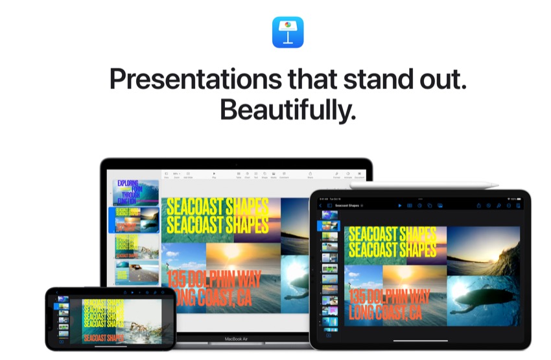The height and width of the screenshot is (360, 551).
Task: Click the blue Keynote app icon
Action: tap(288, 32)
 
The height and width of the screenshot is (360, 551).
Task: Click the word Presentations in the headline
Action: tap(188, 79)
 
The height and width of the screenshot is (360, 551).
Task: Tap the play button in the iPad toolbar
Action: tap(400, 206)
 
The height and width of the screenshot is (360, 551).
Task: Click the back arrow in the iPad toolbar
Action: tap(320, 206)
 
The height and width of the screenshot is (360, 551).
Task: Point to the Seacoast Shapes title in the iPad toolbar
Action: tap(348, 206)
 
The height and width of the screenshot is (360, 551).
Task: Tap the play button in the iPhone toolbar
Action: tap(132, 293)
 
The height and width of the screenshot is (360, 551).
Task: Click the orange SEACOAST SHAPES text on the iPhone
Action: tap(104, 337)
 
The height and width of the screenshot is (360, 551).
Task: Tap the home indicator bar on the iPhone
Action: tap(110, 346)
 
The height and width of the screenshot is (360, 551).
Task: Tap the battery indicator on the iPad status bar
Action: tap(517, 198)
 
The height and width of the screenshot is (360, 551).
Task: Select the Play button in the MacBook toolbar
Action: tap(214, 174)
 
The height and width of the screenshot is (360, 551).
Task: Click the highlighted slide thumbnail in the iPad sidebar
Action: tap(329, 226)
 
